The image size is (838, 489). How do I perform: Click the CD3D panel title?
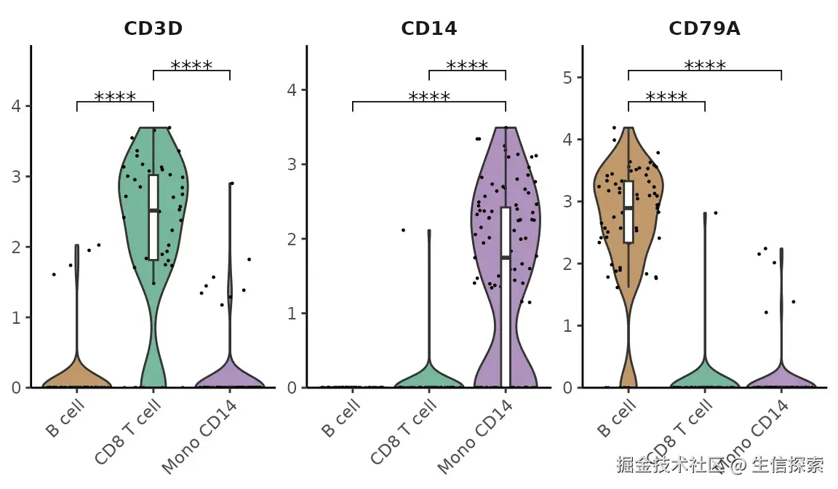point(153,28)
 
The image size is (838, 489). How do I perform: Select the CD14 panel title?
point(428,28)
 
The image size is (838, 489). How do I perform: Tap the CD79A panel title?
point(704,28)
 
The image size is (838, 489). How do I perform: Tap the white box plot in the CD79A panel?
point(628,212)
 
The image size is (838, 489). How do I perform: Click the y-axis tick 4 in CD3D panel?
point(16,106)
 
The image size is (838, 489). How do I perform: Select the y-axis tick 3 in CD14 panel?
point(292,164)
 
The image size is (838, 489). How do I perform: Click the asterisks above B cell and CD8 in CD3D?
point(115,97)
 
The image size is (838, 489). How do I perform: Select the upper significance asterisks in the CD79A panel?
point(704,66)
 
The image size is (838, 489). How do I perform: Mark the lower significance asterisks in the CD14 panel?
point(429,97)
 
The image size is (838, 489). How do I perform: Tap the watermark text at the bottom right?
point(719,464)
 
